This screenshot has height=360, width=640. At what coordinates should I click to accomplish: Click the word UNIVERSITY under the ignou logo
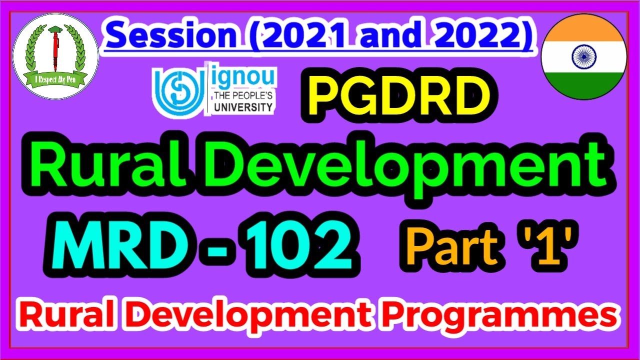pyautogui.click(x=243, y=106)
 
